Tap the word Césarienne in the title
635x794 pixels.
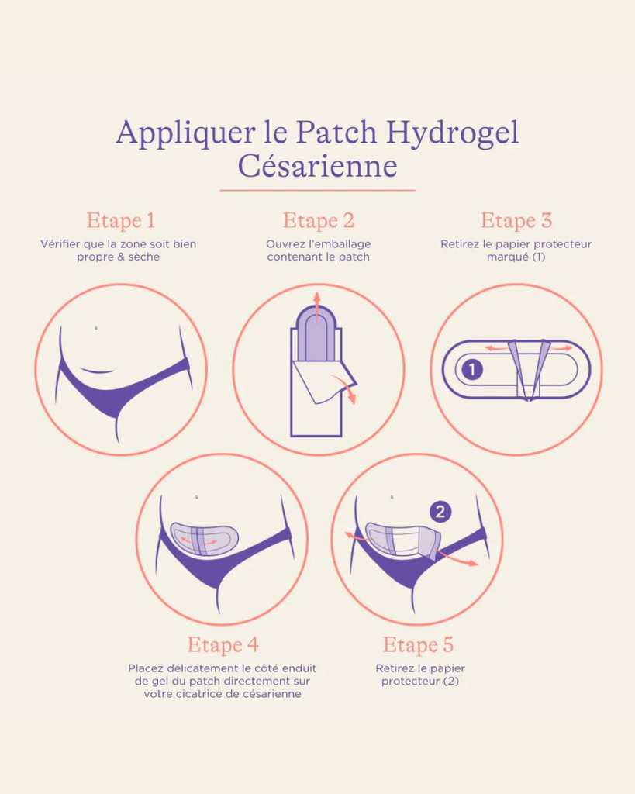coord(317,166)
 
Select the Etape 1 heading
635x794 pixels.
coord(120,220)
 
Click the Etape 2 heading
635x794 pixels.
coord(318,220)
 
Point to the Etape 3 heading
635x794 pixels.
coord(516,220)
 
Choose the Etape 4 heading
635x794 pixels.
coord(223,644)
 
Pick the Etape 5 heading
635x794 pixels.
coord(418,644)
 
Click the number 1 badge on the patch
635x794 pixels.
coord(471,370)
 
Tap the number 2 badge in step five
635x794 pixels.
coord(440,511)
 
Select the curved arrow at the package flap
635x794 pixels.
coord(347,388)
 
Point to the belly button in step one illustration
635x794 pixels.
coord(95,327)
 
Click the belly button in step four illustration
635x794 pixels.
coord(197,497)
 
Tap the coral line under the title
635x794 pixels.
coord(317,190)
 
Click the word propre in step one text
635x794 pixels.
coord(95,257)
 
